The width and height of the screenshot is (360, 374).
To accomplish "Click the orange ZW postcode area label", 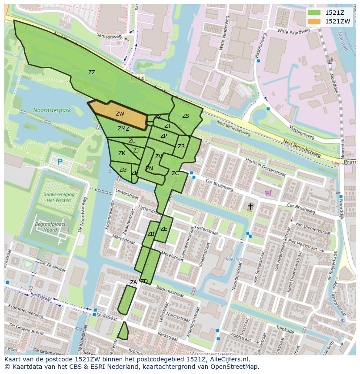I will pyautogui.click(x=120, y=114).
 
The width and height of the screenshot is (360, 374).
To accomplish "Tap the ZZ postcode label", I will pyautogui.click(x=92, y=73).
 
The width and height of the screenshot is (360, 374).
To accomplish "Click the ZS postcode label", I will pyautogui.click(x=186, y=116).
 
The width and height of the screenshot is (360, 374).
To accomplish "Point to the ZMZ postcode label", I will pyautogui.click(x=123, y=129).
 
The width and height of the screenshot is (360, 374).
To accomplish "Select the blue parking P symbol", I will pyautogui.click(x=60, y=162).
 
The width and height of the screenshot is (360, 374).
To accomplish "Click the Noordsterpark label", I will pyautogui.click(x=52, y=111).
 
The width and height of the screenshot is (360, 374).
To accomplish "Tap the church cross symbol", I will pyautogui.click(x=250, y=207).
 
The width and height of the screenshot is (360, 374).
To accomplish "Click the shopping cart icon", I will pyautogui.click(x=269, y=192).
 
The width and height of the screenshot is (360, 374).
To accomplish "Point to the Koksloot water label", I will pyautogui.click(x=235, y=259).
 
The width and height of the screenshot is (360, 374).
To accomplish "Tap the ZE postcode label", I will pyautogui.click(x=163, y=229).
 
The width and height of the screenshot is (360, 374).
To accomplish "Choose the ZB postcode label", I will pyautogui.click(x=151, y=234).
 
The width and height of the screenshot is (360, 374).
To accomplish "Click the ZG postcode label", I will pyautogui.click(x=123, y=170).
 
